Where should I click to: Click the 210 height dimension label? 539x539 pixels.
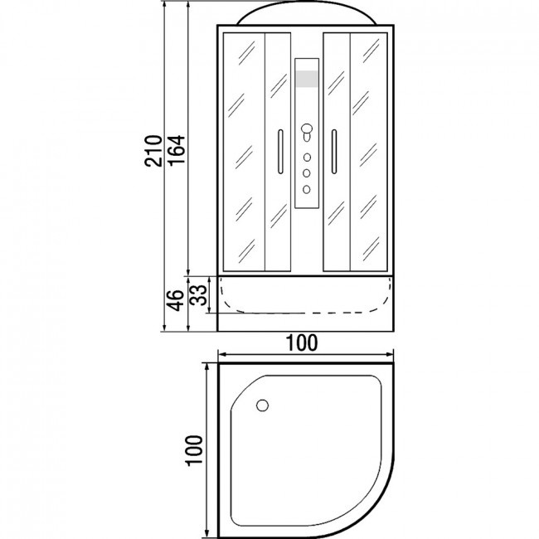(x=153, y=151)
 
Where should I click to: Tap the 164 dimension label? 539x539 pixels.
(x=177, y=150)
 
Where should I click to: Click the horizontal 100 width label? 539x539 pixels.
(x=302, y=343)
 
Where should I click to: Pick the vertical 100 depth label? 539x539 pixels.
(x=194, y=450)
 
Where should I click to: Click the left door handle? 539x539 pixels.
(x=280, y=152)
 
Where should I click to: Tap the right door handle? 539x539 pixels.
(x=334, y=152)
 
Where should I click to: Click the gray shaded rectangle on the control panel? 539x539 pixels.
(x=307, y=79)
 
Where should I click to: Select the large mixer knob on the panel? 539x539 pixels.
(x=307, y=129)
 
